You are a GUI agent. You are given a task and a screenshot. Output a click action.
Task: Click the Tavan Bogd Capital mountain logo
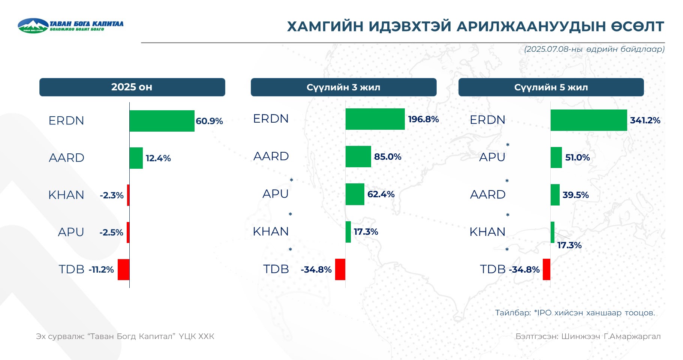pyautogui.click(x=33, y=25)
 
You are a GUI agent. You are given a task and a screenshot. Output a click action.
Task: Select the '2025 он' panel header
pyautogui.click(x=132, y=87)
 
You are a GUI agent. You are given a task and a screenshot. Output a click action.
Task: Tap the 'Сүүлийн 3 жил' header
pyautogui.click(x=344, y=87)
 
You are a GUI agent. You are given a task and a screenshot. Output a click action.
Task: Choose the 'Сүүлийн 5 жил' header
pyautogui.click(x=551, y=87)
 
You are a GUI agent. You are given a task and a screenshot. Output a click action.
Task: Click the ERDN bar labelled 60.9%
pyautogui.click(x=162, y=121)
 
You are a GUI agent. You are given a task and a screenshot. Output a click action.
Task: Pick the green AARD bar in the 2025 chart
pyautogui.click(x=136, y=158)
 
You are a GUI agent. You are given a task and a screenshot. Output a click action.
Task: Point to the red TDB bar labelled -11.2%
pyautogui.click(x=123, y=269)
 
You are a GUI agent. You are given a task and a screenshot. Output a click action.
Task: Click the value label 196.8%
pyautogui.click(x=423, y=119)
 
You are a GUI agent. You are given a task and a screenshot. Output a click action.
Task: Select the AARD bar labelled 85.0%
pyautogui.click(x=358, y=156)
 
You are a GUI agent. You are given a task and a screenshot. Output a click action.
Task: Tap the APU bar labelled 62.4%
pyautogui.click(x=355, y=194)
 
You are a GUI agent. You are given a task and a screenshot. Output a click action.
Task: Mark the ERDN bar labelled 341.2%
pyautogui.click(x=589, y=120)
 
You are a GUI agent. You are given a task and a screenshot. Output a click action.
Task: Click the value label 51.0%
pyautogui.click(x=578, y=157)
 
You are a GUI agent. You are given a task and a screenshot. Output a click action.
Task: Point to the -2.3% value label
pyautogui.click(x=112, y=195)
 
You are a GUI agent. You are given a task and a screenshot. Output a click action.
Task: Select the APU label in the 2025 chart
pyautogui.click(x=71, y=232)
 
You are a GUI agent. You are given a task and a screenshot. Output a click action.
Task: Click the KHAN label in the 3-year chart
pyautogui.click(x=271, y=231)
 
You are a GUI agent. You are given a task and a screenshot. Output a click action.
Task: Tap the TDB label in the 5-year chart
pyautogui.click(x=493, y=269)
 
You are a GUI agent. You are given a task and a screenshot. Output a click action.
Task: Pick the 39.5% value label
pyautogui.click(x=575, y=195)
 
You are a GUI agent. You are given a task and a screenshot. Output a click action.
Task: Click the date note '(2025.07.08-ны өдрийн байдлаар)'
pyautogui.click(x=594, y=49)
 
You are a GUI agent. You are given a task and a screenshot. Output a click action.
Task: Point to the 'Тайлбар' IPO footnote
pyautogui.click(x=575, y=313)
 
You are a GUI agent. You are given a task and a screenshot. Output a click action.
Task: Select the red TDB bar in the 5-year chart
pyautogui.click(x=547, y=269)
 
